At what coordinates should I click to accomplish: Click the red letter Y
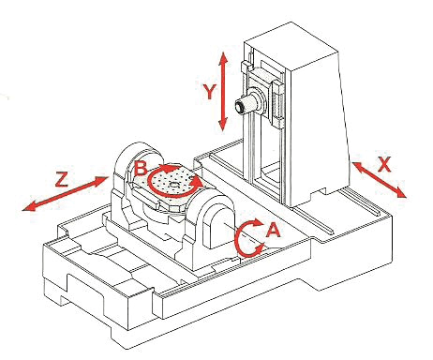pyautogui.click(x=209, y=92)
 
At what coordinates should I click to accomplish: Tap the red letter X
pyautogui.click(x=384, y=164)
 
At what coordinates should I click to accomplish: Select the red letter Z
pyautogui.click(x=62, y=179)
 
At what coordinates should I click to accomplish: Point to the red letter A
pyautogui.click(x=274, y=230)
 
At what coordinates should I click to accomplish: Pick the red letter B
pyautogui.click(x=141, y=168)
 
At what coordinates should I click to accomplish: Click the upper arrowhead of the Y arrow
pyautogui.click(x=223, y=58)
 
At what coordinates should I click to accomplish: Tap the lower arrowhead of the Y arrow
pyautogui.click(x=223, y=125)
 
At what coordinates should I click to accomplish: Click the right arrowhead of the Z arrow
pyautogui.click(x=101, y=180)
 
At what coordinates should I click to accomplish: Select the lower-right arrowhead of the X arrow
pyautogui.click(x=401, y=192)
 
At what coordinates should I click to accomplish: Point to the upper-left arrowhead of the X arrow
pyautogui.click(x=358, y=167)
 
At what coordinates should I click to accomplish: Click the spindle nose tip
pyautogui.click(x=240, y=108)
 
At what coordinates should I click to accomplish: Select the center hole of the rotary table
pyautogui.click(x=173, y=185)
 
